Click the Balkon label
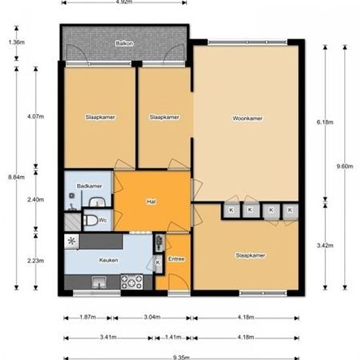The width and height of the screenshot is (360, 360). click(124, 43)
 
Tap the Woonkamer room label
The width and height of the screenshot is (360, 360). click(247, 118)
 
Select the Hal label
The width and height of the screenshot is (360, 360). click(151, 202)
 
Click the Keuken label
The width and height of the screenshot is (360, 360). click(109, 260)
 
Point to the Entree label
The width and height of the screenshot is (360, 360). click(176, 259)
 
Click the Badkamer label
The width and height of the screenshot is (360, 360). click(89, 186)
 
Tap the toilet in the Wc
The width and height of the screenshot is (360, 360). click(91, 220)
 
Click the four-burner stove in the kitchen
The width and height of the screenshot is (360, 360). click(132, 281)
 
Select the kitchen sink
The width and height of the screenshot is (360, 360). click(99, 282)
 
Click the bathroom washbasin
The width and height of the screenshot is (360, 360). click(97, 202)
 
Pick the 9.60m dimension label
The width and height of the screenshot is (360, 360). click(344, 166)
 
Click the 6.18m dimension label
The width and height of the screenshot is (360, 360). click(325, 122)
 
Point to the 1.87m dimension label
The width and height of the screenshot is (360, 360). click(88, 317)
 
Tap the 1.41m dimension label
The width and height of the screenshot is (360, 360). click(173, 337)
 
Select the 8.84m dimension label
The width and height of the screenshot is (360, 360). click(16, 177)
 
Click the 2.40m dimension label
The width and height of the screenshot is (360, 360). click(35, 200)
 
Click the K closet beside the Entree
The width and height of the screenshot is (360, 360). click(158, 262)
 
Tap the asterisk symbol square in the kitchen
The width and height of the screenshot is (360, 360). click(71, 242)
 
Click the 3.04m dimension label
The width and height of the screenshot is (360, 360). click(153, 317)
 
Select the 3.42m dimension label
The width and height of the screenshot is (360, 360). click(325, 245)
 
